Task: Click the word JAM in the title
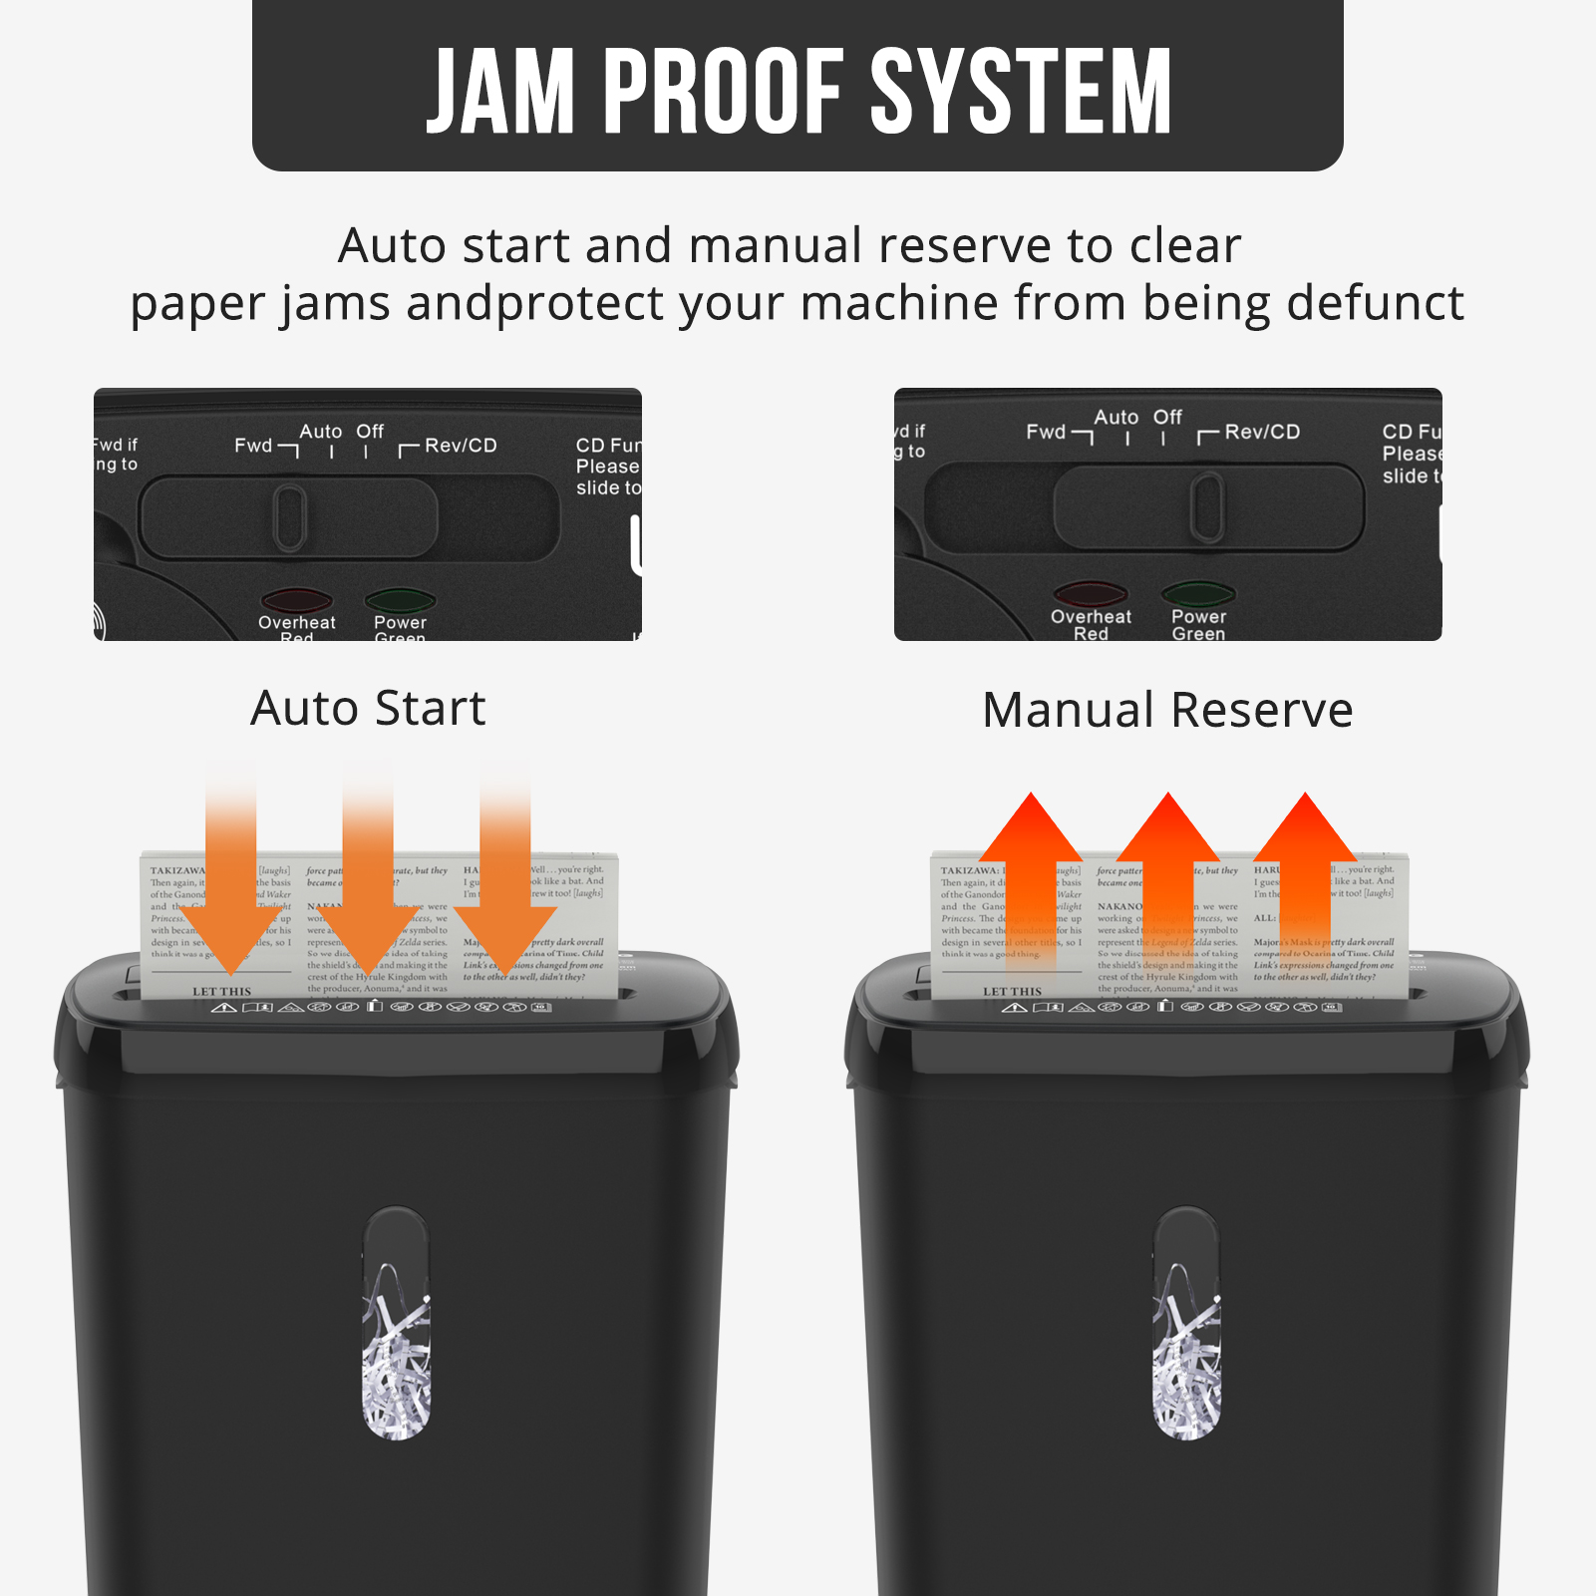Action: click(501, 92)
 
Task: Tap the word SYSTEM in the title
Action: click(1021, 92)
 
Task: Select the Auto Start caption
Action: click(368, 709)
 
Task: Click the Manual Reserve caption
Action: click(1167, 711)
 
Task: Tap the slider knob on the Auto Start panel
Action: click(290, 517)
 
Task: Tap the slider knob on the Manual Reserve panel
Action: click(1208, 507)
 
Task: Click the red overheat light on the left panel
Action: click(296, 600)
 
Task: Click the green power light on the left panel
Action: click(400, 600)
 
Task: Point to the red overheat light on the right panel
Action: click(1091, 594)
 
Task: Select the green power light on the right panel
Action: click(1198, 594)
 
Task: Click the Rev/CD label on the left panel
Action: click(461, 446)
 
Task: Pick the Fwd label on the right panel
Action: click(1046, 432)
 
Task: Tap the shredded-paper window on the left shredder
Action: click(397, 1323)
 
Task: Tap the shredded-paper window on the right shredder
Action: click(1187, 1323)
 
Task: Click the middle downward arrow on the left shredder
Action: click(368, 877)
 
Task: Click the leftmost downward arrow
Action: click(231, 877)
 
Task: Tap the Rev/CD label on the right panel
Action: click(1262, 432)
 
